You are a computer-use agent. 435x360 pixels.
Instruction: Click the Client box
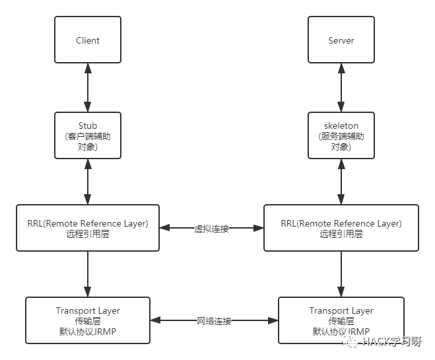click(88, 40)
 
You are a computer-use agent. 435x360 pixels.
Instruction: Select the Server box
click(341, 40)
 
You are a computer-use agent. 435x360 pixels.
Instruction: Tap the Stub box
click(88, 136)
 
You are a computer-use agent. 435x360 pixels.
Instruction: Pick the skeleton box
click(341, 136)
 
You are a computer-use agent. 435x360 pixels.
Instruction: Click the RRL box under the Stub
click(88, 228)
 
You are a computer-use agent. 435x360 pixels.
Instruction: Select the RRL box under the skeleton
click(341, 228)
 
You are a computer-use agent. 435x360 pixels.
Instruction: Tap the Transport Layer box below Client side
click(88, 320)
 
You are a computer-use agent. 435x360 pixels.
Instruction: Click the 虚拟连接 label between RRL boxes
click(211, 229)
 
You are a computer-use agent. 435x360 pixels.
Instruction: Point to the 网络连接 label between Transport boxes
click(214, 321)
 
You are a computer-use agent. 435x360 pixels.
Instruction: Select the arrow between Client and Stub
click(88, 88)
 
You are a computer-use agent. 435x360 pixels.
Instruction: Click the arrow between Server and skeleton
click(341, 88)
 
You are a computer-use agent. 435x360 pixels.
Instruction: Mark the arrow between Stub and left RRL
click(88, 182)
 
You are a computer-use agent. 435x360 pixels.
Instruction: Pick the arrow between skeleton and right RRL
click(341, 182)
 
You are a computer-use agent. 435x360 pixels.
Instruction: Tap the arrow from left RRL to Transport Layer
click(88, 274)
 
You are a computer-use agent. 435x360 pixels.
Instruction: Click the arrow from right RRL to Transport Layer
click(341, 274)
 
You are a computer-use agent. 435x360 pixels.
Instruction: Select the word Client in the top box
click(88, 40)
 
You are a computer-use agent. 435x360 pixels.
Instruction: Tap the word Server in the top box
click(341, 40)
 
